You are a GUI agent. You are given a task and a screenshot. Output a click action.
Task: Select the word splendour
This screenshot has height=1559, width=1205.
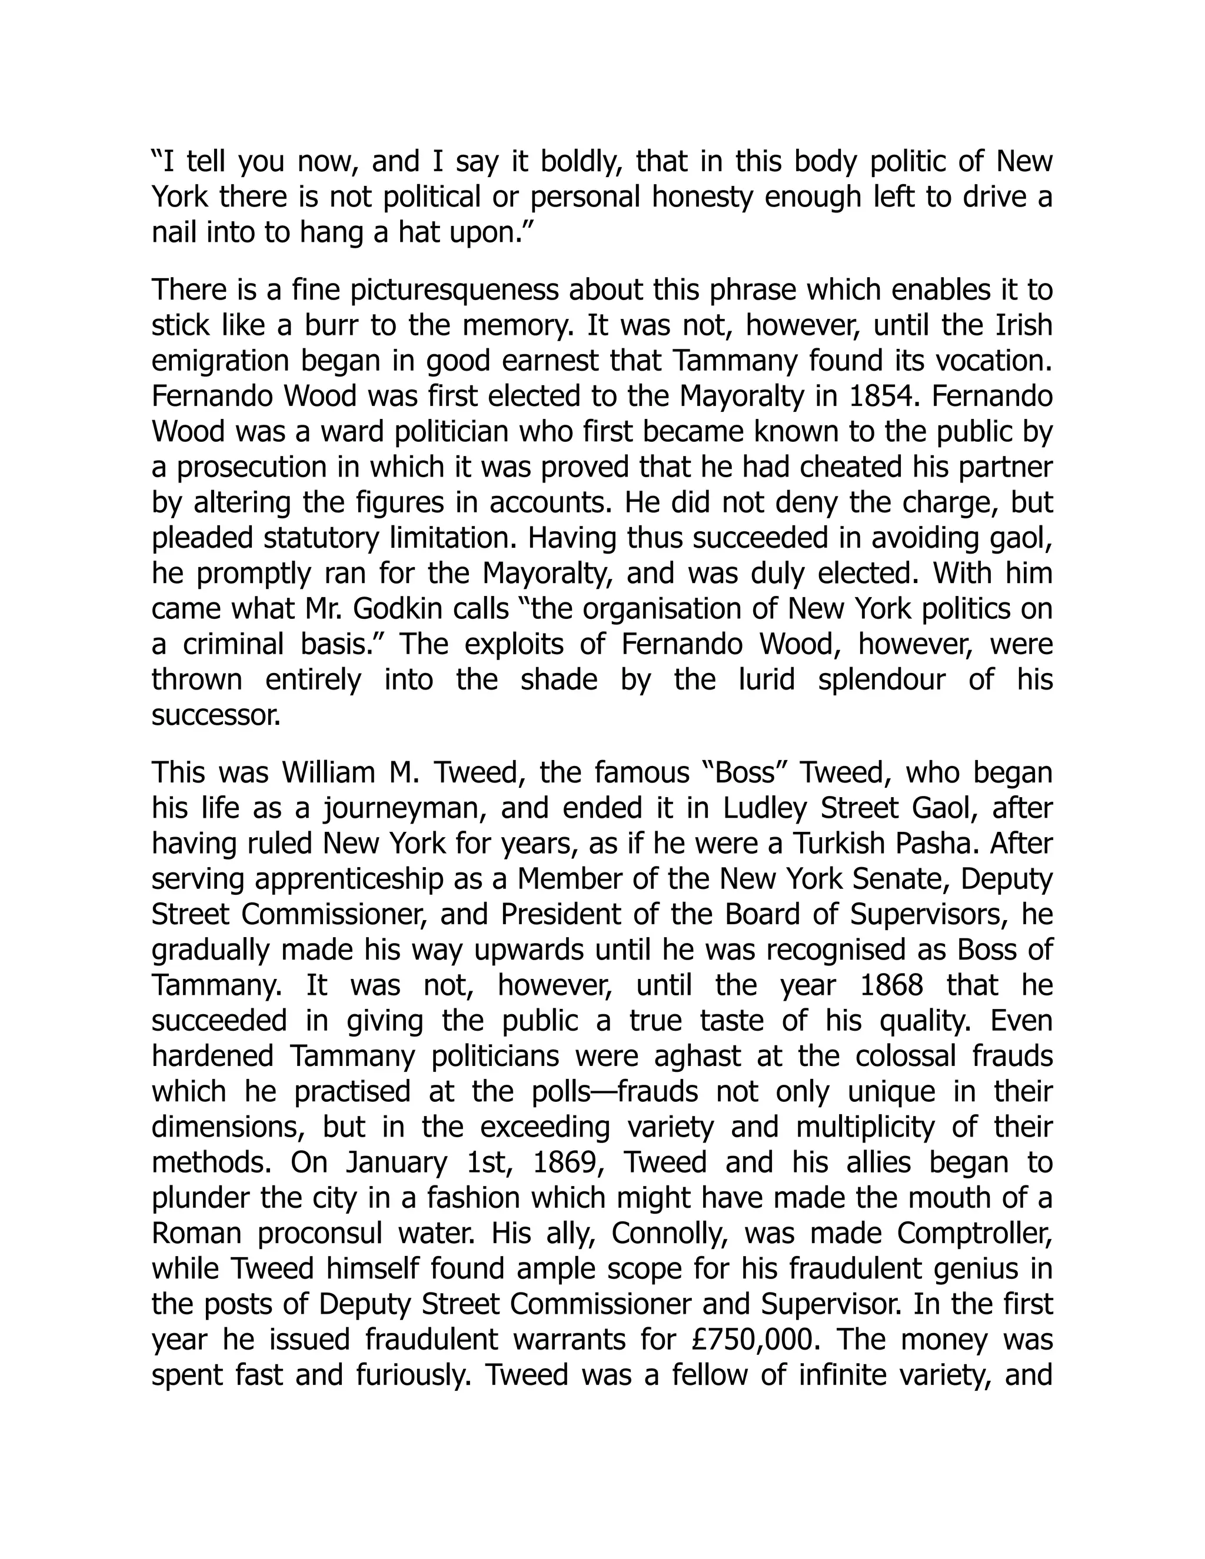pos(881,679)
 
